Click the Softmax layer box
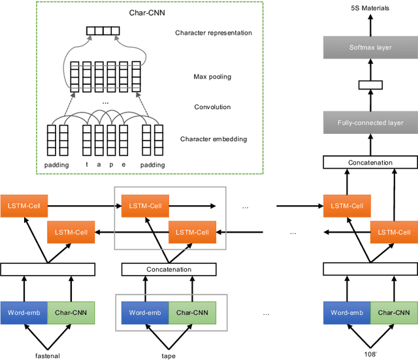pos(370,47)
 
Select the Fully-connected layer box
pos(370,122)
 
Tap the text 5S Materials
pos(370,8)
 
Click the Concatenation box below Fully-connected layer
pos(370,162)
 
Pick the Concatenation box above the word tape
pos(170,269)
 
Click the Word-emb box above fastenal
pos(24,312)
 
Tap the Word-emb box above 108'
pos(347,312)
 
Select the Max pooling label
pos(212,77)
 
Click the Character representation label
pos(213,33)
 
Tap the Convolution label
pos(212,107)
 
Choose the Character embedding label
pos(213,139)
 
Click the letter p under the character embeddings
pos(111,165)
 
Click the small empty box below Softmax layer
pos(370,84)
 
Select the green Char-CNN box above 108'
pos(394,312)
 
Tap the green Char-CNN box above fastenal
pos(71,312)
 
